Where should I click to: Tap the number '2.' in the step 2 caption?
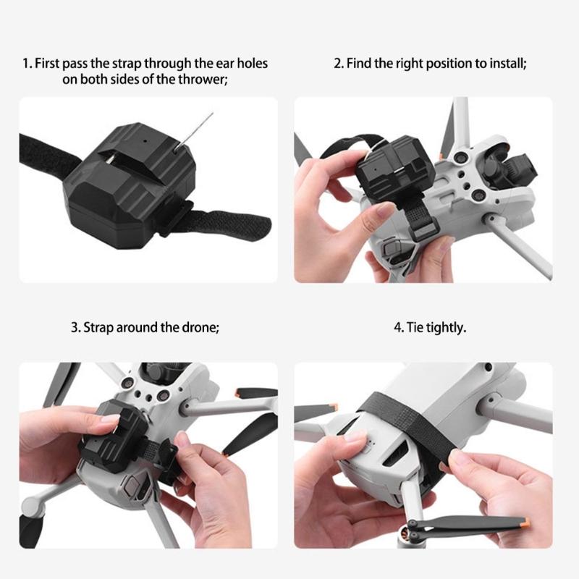click(338, 64)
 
